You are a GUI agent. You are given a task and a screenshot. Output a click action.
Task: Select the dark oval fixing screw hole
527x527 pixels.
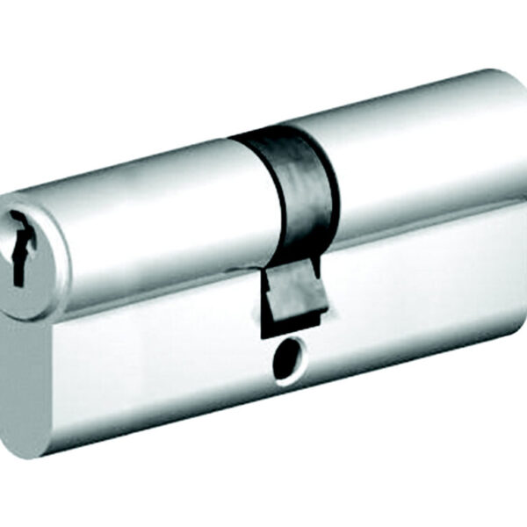(285, 360)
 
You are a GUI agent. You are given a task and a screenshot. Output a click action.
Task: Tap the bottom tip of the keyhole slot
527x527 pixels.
(17, 281)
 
